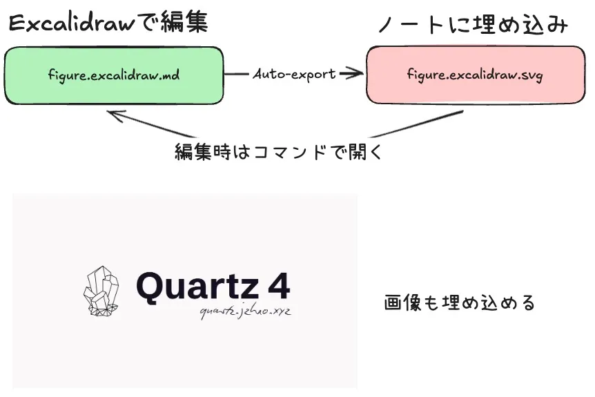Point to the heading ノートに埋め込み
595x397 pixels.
[x=473, y=26]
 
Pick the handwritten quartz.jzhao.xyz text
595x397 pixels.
[x=245, y=312]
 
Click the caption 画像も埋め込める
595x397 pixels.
[x=459, y=302]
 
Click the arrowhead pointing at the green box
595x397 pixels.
[x=114, y=115]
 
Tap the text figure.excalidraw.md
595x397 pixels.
[x=114, y=75]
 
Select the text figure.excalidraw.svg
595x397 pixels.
[x=475, y=75]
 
